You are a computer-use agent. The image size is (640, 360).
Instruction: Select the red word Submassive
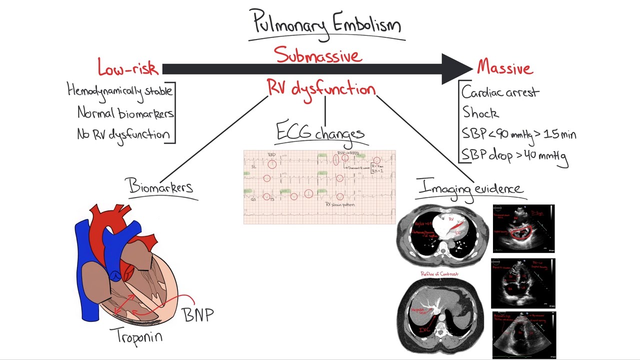pos(317,55)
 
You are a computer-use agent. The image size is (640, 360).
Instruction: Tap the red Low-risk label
pos(128,68)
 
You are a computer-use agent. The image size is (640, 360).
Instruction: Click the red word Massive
pos(505,67)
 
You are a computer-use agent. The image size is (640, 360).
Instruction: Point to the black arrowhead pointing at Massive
pos(456,68)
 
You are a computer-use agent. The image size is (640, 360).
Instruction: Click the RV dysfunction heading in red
pos(320,89)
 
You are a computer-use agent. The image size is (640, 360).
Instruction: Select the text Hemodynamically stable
pos(119,90)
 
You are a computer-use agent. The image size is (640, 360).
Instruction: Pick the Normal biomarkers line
pos(125,113)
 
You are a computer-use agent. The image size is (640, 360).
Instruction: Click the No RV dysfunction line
pos(123,134)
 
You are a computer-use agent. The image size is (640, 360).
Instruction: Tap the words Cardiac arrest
pos(500,92)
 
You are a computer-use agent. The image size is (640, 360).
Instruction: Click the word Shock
pos(480,113)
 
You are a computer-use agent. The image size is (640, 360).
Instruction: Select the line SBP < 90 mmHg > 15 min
pos(518,134)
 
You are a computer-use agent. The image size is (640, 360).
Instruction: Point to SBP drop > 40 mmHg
pos(514,155)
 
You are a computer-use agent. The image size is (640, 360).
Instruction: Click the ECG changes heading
pos(320,133)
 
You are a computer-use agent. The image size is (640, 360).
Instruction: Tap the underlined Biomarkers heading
pos(161,186)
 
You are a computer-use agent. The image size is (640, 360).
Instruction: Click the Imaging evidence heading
pos(470,188)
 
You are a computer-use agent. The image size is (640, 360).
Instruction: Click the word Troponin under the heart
pos(139,335)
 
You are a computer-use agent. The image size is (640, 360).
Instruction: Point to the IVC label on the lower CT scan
pos(424,329)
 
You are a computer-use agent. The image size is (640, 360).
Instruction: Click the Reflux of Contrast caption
pos(440,274)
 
